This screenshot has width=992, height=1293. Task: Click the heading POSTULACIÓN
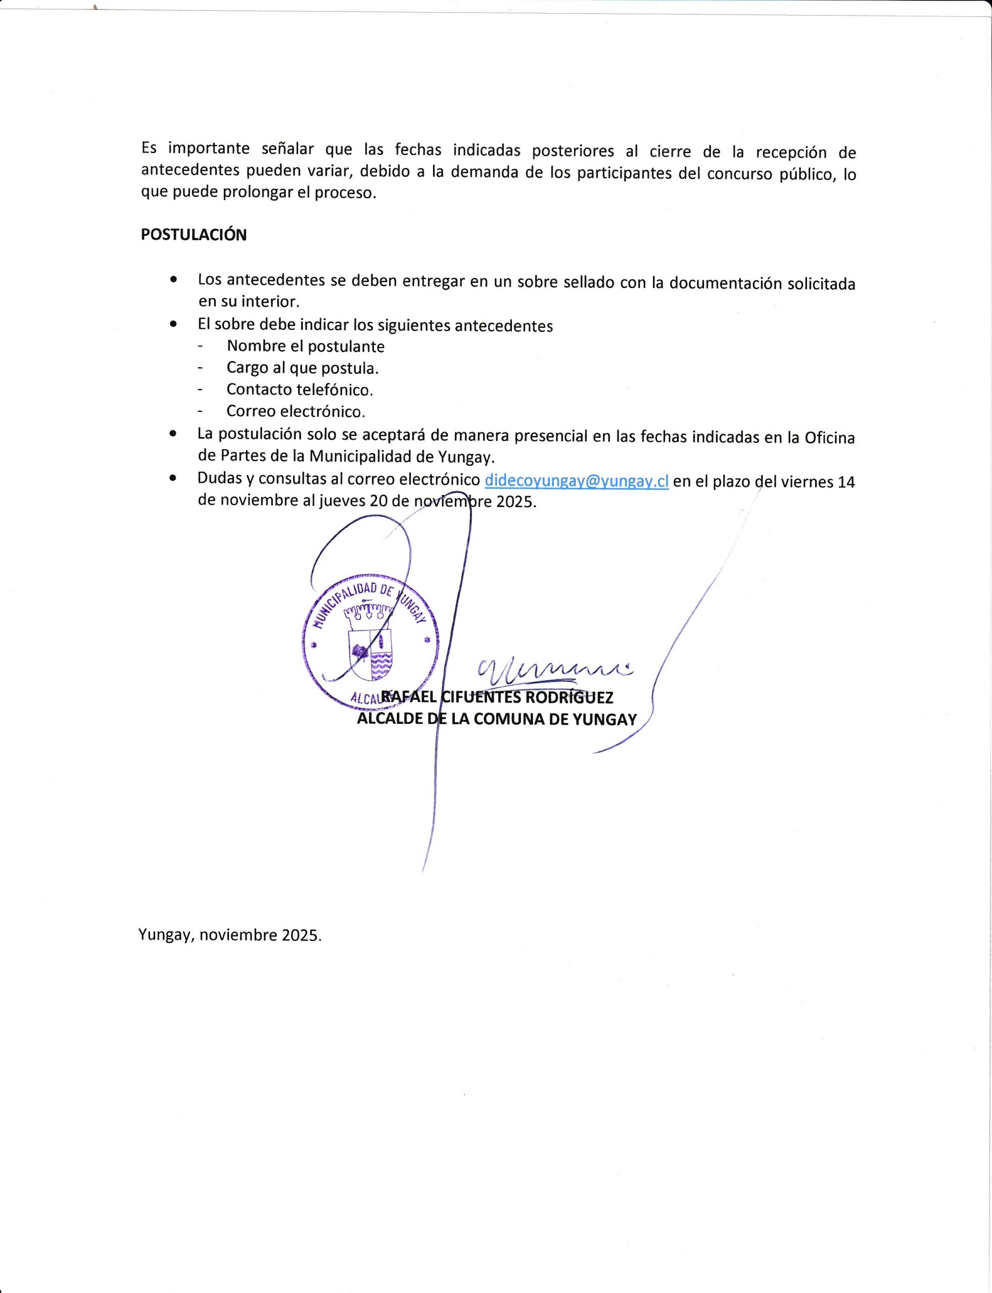[x=194, y=235]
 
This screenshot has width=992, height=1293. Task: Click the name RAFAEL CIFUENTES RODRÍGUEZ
[x=497, y=698]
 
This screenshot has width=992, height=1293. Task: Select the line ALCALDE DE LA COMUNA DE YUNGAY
[x=497, y=719]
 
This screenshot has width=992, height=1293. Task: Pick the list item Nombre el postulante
[x=305, y=346]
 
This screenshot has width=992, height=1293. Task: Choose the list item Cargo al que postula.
[x=302, y=368]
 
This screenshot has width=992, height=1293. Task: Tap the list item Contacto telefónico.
[x=300, y=389]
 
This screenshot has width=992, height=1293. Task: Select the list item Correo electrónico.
[x=296, y=411]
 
